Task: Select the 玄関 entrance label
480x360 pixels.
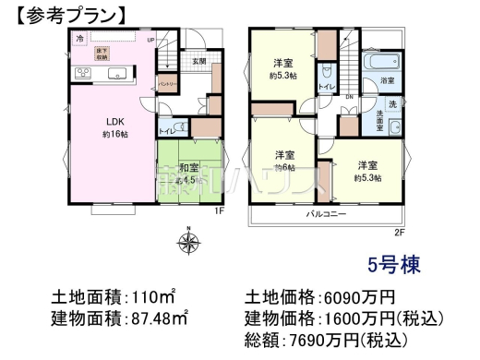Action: point(198,61)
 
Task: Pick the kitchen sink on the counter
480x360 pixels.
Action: point(117,74)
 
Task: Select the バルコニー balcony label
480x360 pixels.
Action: point(327,214)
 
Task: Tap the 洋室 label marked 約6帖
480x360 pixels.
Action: point(283,161)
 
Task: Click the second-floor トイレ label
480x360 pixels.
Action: point(326,87)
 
